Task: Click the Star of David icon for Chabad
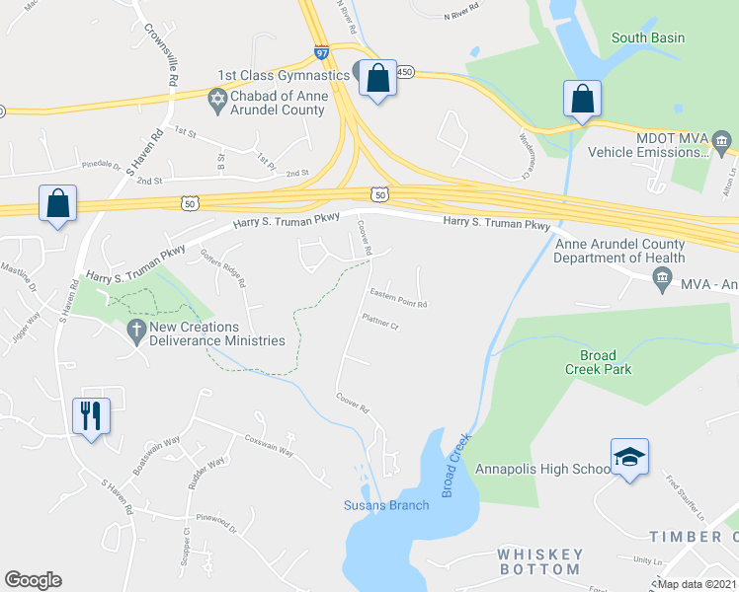[216, 99]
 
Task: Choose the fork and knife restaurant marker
[91, 415]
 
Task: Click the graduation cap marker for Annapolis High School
[629, 458]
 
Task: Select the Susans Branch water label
[386, 506]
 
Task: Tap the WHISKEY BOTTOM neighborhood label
[538, 561]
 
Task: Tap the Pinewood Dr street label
[217, 522]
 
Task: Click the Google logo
[33, 580]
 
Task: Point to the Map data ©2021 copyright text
[696, 584]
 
